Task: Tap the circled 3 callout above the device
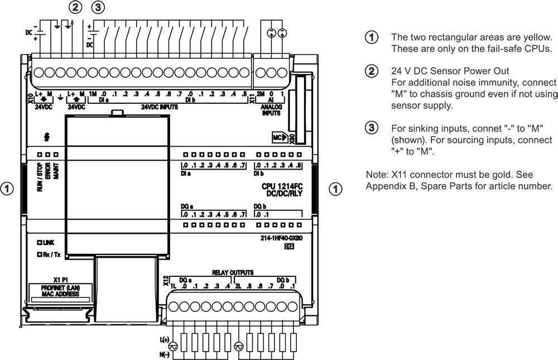coord(98,8)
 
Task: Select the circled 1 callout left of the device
coord(7,189)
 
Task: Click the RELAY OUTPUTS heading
coord(233,273)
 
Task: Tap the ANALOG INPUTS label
coord(272,108)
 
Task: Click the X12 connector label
coord(166,281)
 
